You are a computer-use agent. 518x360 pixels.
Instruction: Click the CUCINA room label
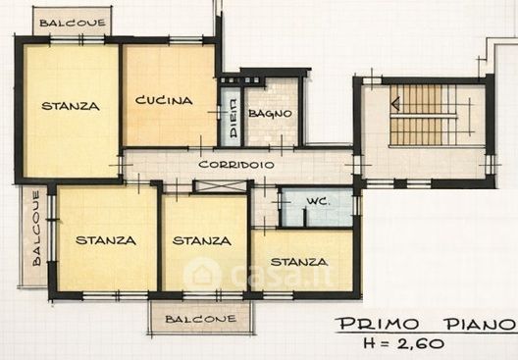164,100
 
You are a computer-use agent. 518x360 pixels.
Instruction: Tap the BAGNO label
270,114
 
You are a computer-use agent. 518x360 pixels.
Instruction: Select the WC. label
318,201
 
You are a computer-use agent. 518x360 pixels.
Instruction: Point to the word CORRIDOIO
236,165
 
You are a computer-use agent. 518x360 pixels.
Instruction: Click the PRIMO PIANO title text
426,324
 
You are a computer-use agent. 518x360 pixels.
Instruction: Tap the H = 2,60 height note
403,343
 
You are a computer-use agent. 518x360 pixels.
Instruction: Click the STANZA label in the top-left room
71,106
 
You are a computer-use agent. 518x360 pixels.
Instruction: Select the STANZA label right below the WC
299,262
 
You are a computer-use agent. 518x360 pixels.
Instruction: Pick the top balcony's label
73,23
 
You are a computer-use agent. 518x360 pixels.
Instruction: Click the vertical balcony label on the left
36,229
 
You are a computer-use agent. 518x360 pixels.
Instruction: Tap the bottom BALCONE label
200,319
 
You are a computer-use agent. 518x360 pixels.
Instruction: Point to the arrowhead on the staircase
395,103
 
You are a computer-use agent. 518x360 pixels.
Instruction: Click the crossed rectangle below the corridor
221,186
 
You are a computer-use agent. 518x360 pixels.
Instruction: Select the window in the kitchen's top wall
185,40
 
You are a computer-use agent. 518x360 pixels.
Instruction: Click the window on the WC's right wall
357,205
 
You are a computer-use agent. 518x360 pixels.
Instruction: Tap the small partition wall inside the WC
305,218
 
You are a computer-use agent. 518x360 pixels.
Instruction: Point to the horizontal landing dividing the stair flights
424,116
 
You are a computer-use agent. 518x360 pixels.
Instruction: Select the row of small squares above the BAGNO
240,79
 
